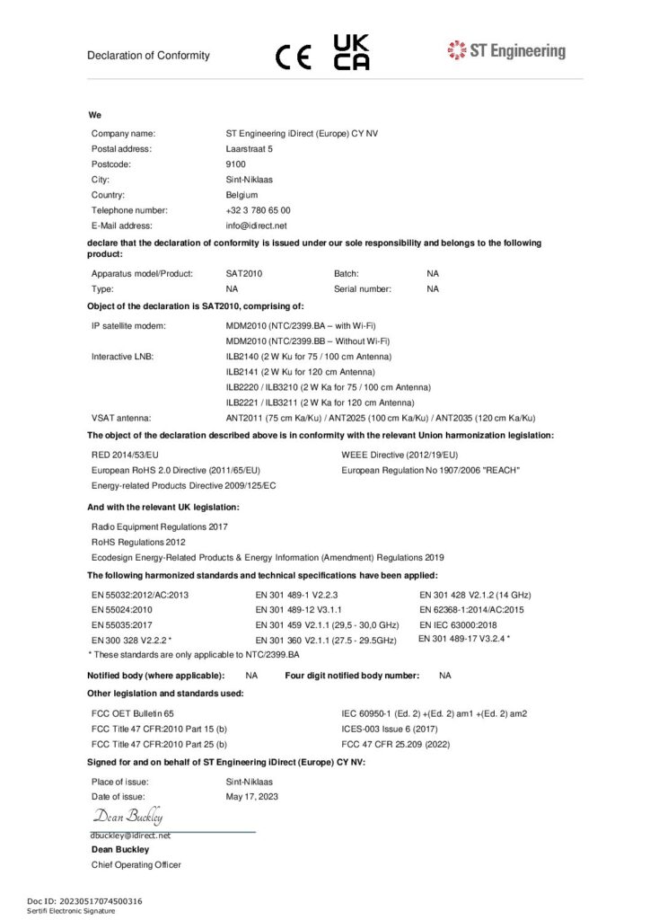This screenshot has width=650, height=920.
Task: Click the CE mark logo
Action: (x=294, y=57)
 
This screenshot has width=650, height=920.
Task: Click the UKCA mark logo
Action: (x=351, y=53)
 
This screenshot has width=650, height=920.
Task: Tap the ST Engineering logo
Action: (x=506, y=50)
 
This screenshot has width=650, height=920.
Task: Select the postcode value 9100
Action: (x=235, y=164)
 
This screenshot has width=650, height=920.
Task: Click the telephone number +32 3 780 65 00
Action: (x=258, y=210)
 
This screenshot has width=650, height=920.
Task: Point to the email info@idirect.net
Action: (x=256, y=226)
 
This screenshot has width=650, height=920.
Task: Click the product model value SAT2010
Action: (x=244, y=273)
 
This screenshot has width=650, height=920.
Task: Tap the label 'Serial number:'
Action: (x=363, y=288)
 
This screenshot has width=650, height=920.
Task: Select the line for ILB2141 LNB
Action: (x=300, y=371)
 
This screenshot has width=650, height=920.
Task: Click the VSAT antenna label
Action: (x=120, y=418)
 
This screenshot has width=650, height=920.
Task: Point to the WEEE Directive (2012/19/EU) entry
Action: (x=400, y=455)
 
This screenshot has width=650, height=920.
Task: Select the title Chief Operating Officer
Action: (x=136, y=864)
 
